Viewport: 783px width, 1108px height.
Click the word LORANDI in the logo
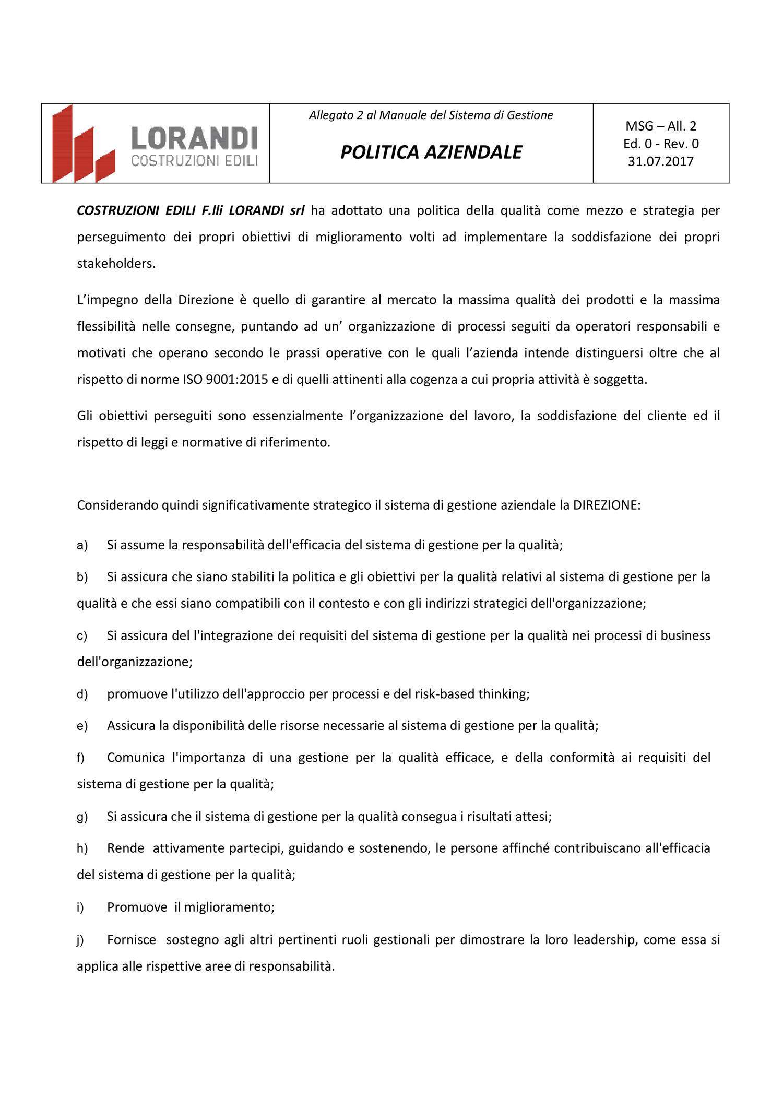(x=194, y=137)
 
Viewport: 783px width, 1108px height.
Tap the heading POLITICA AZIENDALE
(x=431, y=152)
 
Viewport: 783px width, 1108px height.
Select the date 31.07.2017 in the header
(x=660, y=161)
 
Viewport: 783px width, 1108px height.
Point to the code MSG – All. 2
(x=661, y=126)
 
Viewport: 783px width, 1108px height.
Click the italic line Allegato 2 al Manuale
(x=431, y=115)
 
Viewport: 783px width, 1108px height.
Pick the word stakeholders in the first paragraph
(x=116, y=264)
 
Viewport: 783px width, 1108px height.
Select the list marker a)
(x=82, y=546)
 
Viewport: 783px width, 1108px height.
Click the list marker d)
(x=82, y=694)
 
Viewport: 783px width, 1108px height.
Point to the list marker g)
(x=82, y=817)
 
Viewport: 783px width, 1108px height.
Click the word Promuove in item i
(x=137, y=907)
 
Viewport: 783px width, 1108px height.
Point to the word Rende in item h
(x=125, y=848)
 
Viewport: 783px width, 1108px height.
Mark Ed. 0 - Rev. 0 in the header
(x=661, y=144)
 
